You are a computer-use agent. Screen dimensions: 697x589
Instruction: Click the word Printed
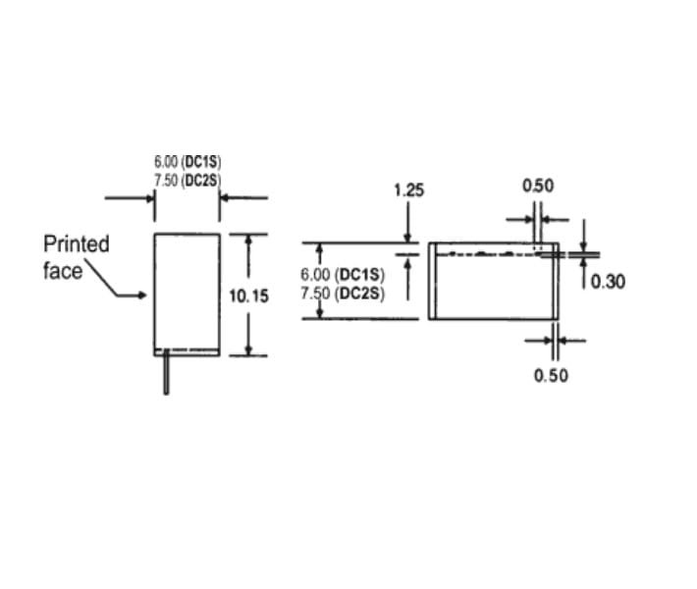pos(76,244)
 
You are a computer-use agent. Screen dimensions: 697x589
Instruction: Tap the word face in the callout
pos(63,271)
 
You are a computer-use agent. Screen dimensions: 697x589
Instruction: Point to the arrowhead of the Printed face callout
pos(141,294)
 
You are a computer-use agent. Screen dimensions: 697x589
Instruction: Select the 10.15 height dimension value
pos(249,295)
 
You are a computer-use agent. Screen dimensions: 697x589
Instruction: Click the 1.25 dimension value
pos(409,189)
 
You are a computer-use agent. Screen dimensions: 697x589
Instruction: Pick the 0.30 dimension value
pos(608,282)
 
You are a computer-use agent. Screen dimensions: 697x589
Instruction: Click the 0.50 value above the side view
pos(538,186)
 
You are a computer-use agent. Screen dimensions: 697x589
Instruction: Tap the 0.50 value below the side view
pos(551,376)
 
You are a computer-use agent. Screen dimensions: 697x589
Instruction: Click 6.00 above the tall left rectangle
pos(166,161)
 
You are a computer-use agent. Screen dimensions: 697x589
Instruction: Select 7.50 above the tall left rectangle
pos(166,180)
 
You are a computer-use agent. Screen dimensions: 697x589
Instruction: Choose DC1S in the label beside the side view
pos(359,275)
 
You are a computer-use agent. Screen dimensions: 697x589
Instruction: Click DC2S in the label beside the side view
pos(359,294)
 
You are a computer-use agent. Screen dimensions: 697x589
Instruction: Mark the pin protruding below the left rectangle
pos(166,372)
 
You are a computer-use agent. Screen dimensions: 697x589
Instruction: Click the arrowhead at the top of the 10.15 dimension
pos(248,239)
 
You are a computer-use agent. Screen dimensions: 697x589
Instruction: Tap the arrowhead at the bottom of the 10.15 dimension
pos(248,350)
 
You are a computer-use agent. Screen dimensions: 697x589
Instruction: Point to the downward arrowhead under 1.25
pos(407,239)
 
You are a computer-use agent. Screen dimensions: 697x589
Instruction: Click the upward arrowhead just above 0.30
pos(584,262)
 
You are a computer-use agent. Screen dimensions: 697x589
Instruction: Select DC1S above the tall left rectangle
pos(202,161)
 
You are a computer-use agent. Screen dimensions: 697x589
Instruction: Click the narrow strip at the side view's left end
pos(432,281)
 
